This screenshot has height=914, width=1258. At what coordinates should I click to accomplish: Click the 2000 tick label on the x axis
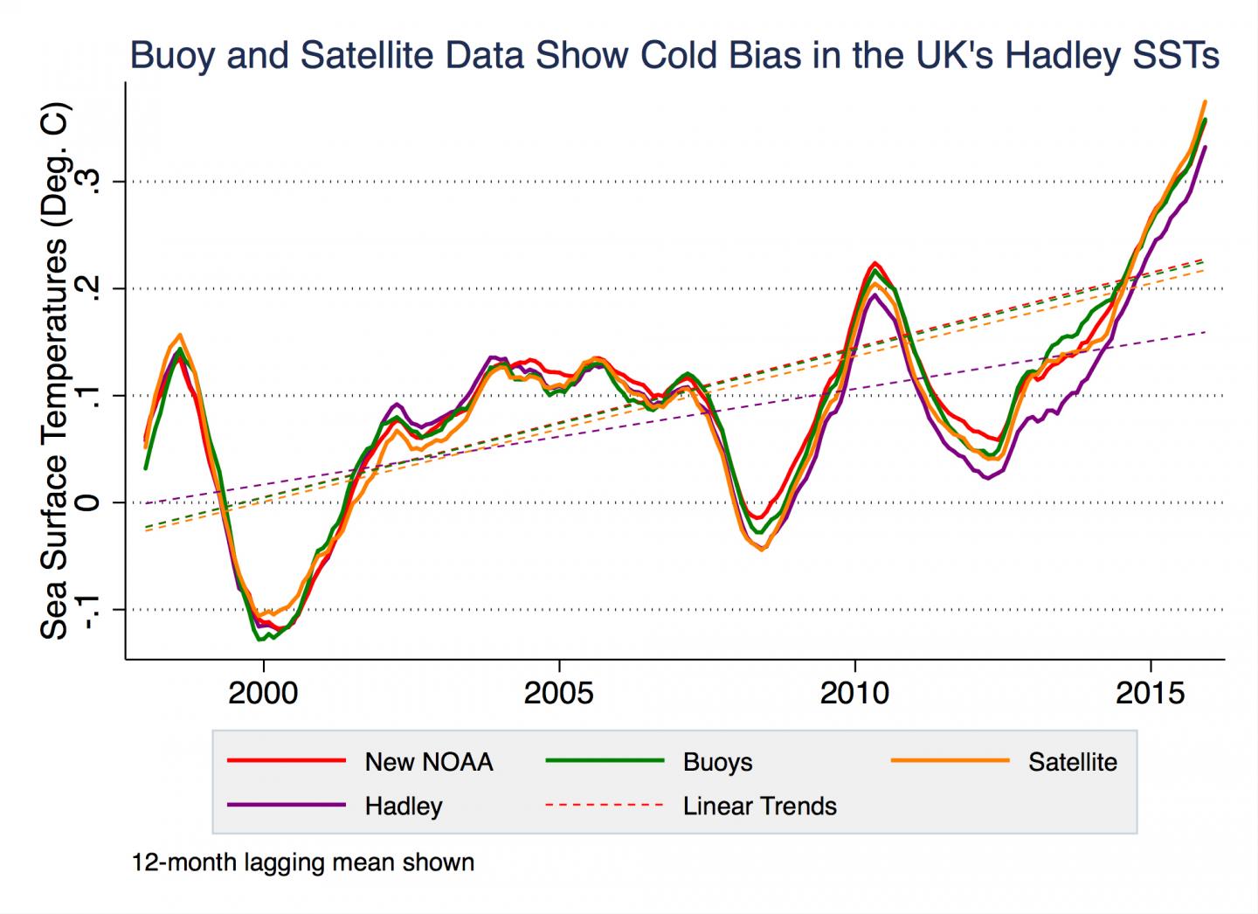tap(262, 694)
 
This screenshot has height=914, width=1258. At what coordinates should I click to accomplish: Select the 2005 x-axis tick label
tap(558, 694)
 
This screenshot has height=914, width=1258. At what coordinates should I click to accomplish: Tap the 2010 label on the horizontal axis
tap(854, 694)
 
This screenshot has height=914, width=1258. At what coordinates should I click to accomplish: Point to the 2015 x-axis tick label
tap(1150, 694)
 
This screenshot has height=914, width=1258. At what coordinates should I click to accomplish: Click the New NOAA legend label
tap(428, 762)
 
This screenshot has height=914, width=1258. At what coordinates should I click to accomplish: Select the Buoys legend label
tap(717, 762)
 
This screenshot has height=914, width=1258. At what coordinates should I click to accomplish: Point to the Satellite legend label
tap(1072, 762)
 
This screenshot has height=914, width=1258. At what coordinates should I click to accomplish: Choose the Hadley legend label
tap(403, 806)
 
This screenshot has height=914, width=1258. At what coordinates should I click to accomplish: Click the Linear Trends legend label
tap(759, 806)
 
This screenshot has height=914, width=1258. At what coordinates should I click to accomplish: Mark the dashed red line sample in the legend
tap(605, 805)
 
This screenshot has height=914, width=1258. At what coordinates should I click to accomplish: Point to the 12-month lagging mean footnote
tap(303, 863)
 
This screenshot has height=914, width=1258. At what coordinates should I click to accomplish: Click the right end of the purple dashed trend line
tap(1204, 332)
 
